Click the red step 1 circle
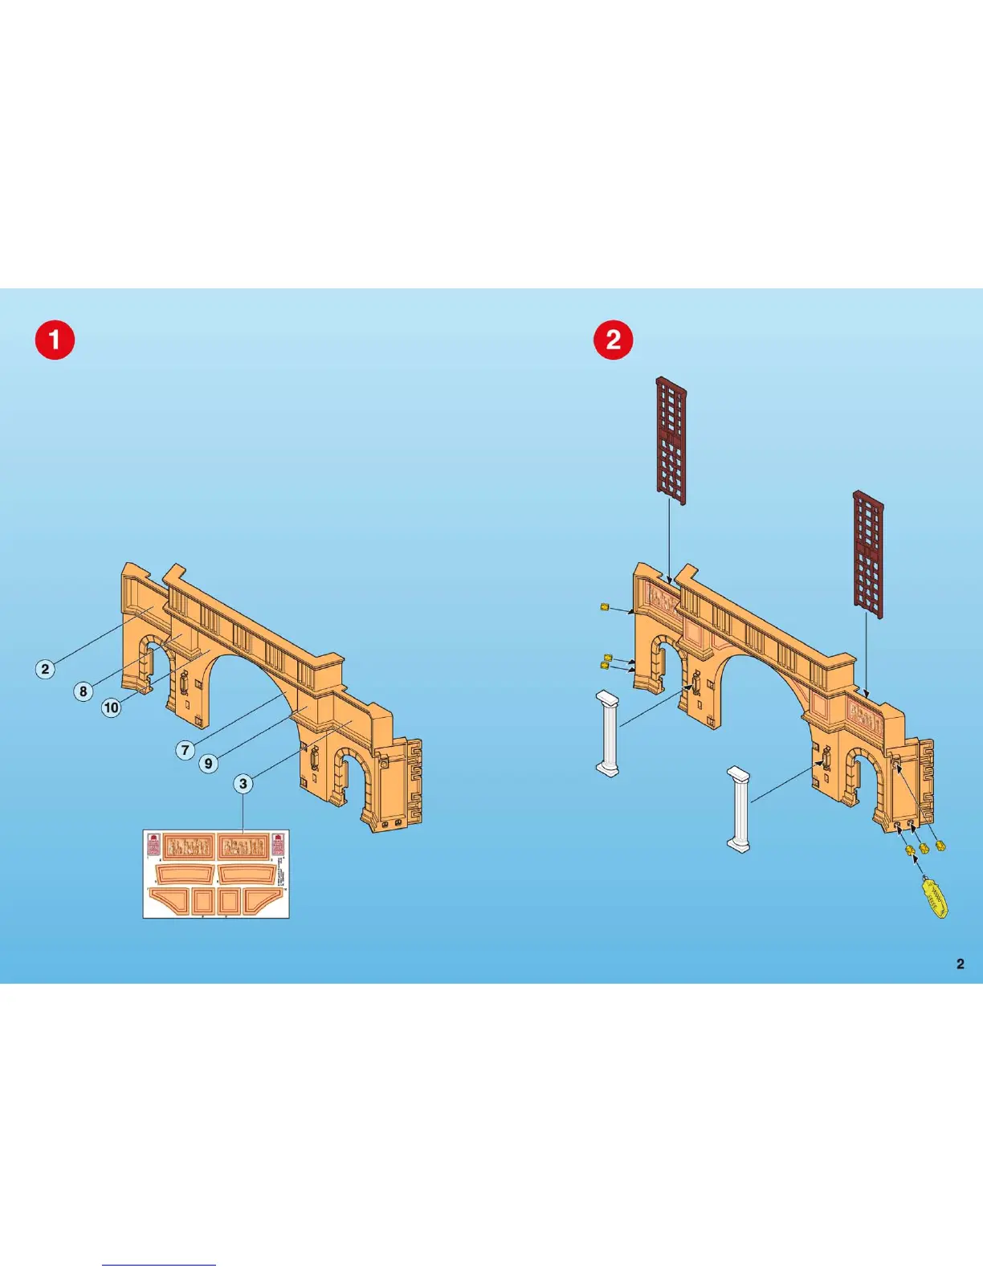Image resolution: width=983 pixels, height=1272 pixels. pos(55,340)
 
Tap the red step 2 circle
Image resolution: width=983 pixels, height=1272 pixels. pos(614,340)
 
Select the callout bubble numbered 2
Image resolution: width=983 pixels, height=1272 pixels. pos(45,669)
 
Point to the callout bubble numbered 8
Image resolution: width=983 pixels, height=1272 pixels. pos(83,691)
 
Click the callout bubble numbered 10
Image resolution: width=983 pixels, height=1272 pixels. pos(111,707)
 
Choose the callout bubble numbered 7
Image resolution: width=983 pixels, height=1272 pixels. pos(186,750)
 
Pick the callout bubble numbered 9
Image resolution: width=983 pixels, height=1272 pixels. pos(208,763)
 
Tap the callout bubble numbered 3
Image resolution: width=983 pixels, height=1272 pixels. pos(243,783)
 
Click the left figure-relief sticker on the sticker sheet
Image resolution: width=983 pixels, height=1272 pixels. pos(188,846)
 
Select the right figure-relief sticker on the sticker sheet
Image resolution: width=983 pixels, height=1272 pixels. pos(243,846)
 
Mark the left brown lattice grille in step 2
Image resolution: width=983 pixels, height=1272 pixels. pos(671,440)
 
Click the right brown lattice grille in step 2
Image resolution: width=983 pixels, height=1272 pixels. pos(868,554)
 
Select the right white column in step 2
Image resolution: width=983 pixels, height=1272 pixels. pos(739,809)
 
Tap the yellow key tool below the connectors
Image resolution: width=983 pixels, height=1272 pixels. pos(935,898)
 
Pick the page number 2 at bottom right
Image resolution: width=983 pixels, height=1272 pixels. pos(961,964)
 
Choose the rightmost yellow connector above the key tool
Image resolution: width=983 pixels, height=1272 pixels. pos(940,846)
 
